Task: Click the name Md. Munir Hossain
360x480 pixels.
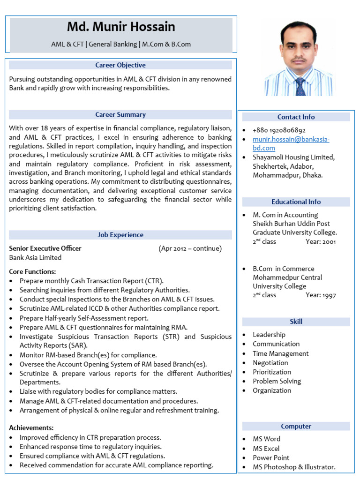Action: [121, 27]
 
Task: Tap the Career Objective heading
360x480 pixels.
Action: [120, 65]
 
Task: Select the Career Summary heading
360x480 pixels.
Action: [120, 114]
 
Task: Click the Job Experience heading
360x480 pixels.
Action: [120, 235]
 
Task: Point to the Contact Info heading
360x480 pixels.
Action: [296, 117]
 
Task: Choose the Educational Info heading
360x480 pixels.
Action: [296, 202]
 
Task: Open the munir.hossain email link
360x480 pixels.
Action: [291, 143]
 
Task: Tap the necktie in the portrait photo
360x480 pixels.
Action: [300, 87]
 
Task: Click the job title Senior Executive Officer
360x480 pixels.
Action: [45, 248]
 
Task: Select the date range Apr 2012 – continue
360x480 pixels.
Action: [190, 248]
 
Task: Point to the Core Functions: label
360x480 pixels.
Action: [33, 271]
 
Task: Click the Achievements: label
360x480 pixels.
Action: [31, 427]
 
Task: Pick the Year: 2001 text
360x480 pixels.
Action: [321, 242]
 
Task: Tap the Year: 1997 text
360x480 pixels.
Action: [321, 295]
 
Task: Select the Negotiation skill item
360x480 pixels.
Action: [270, 363]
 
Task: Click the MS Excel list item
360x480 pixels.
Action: [266, 449]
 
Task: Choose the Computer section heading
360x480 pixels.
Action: [296, 427]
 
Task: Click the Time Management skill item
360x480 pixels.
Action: [280, 353]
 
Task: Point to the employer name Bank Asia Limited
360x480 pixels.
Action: [35, 257]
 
